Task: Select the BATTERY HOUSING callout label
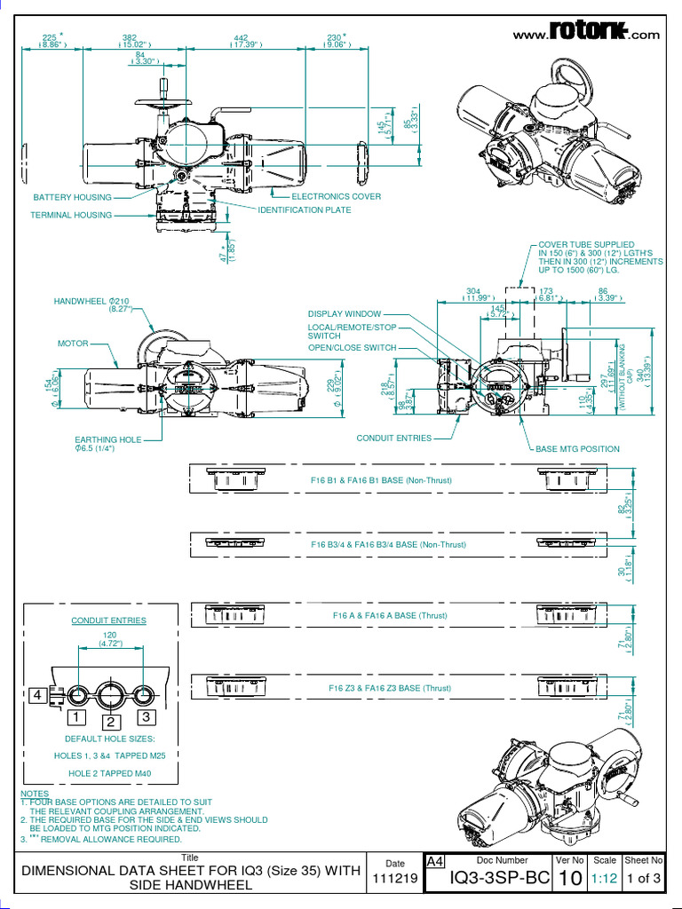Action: (x=73, y=197)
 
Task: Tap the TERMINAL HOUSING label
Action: (x=71, y=215)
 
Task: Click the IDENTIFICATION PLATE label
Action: (x=305, y=210)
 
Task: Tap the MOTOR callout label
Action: (x=73, y=343)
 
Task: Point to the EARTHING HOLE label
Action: (x=107, y=439)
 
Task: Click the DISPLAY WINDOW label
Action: (x=345, y=314)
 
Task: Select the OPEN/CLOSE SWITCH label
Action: (x=353, y=348)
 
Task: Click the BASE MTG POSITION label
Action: (x=578, y=449)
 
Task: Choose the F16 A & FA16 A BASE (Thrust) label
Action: (x=378, y=615)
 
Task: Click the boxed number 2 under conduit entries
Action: (x=111, y=722)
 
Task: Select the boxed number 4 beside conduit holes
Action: (x=37, y=695)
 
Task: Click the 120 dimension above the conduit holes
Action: (x=110, y=636)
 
